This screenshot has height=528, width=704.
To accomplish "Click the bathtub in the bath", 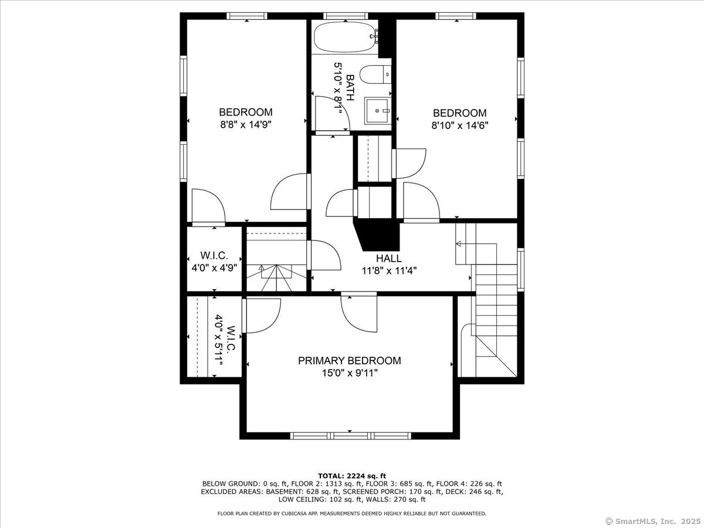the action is tap(346, 36).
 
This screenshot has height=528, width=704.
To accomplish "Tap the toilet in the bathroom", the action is tap(375, 75).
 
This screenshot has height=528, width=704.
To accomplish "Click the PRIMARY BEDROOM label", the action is tap(349, 361).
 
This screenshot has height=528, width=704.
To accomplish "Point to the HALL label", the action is tap(389, 258).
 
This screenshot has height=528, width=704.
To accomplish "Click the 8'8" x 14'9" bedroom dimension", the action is tap(246, 124).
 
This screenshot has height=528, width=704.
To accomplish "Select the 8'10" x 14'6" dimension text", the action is tap(459, 125).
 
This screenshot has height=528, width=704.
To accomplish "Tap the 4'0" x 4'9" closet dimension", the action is tap(214, 268).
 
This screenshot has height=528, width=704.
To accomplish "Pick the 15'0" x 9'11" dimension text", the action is tap(350, 373).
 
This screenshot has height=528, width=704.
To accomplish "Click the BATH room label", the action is tap(350, 88).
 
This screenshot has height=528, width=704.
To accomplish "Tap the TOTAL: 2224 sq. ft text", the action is tap(352, 476).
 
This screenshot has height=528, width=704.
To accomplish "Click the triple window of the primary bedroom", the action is tap(351, 436).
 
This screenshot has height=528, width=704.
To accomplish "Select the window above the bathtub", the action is tap(346, 16).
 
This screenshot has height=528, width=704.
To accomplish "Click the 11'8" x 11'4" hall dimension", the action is tap(389, 271).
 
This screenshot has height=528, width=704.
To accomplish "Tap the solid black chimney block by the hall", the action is tap(379, 234).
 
